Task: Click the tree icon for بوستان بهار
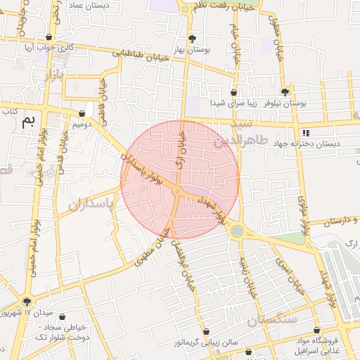tap(193, 39)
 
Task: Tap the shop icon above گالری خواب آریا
tap(48, 37)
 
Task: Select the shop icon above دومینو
tap(89, 112)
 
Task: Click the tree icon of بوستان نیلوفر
tap(285, 92)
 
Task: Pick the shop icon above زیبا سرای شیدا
tap(233, 92)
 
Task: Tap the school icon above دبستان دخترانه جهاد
tap(304, 132)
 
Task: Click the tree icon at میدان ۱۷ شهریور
tap(27, 300)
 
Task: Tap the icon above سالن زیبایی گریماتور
tap(206, 331)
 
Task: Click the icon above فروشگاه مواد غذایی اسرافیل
tap(316, 330)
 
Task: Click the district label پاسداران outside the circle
tap(92, 205)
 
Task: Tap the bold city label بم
tap(28, 120)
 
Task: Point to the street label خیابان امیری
tap(281, 271)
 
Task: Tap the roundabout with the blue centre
tap(238, 230)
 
